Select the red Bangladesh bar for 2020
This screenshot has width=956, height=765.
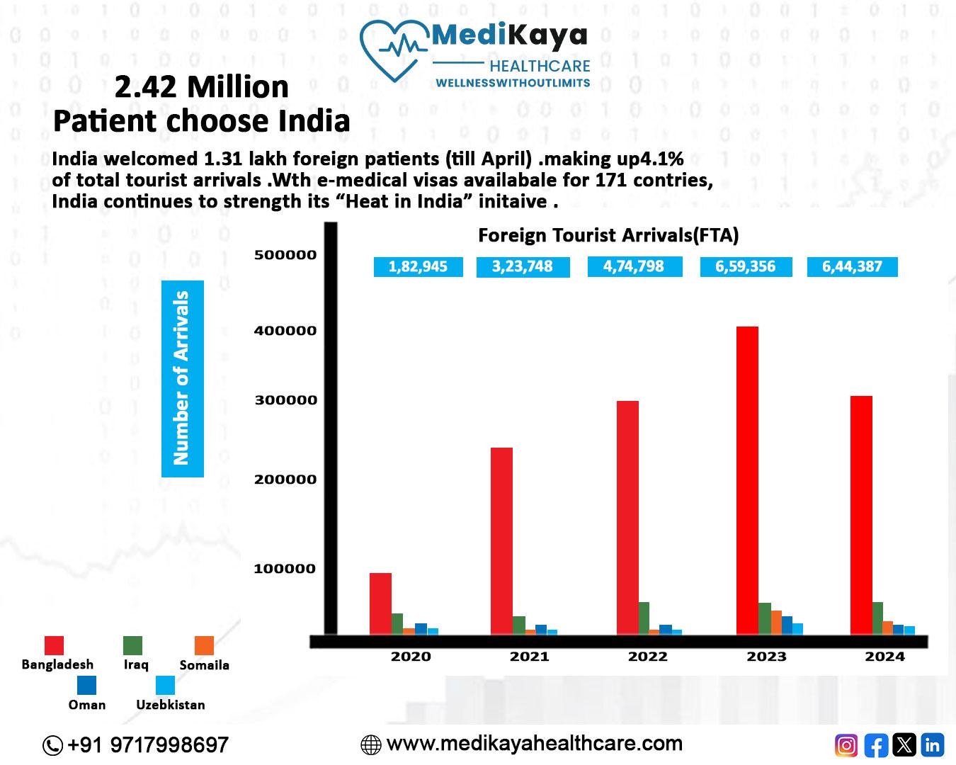tap(380, 603)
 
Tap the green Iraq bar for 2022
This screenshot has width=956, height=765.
tap(643, 618)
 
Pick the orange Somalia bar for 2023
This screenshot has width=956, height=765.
tap(776, 622)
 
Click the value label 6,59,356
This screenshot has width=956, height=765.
tap(745, 267)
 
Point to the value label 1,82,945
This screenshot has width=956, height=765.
tap(418, 267)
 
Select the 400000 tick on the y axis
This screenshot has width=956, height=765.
tap(285, 331)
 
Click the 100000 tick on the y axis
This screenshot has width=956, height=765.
tap(285, 569)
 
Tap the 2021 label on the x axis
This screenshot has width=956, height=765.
tap(529, 657)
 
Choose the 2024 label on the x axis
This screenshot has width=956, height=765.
tap(884, 657)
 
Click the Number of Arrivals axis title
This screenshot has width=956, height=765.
tap(182, 378)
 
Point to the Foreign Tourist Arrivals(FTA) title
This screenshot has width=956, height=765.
tap(608, 235)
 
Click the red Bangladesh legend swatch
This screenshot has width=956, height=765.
tap(54, 645)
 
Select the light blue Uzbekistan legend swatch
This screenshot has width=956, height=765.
tap(165, 686)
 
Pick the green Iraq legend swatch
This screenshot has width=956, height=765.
tap(132, 645)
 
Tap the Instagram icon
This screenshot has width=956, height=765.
tap(846, 745)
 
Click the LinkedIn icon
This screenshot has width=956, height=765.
tap(933, 745)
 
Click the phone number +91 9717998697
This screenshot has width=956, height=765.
tap(147, 745)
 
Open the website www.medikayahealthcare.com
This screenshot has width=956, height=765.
tap(534, 744)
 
